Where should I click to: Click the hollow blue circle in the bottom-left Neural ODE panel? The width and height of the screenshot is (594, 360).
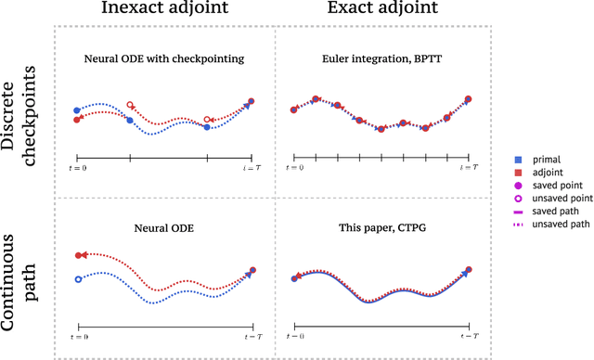pos(79,278)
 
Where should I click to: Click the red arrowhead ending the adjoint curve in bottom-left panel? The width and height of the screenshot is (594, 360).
pos(84,255)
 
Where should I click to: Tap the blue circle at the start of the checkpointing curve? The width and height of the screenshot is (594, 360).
pos(78,109)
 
